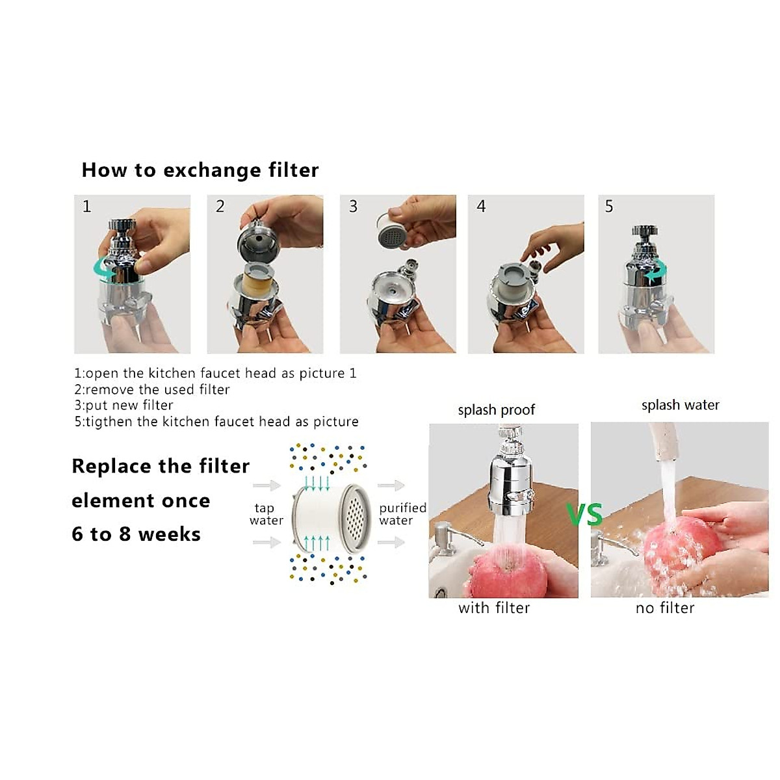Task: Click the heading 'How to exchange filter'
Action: [200, 170]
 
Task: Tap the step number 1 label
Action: [86, 207]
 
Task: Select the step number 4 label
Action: [481, 207]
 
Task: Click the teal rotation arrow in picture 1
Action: [104, 268]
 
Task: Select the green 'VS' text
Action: [584, 515]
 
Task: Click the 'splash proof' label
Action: [496, 410]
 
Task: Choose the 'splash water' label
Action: [680, 406]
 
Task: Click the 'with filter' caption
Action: [494, 608]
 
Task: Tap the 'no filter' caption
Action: [665, 608]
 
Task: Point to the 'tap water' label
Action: [266, 514]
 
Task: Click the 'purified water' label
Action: [402, 514]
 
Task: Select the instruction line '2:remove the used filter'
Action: [151, 390]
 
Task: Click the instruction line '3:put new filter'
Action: [123, 406]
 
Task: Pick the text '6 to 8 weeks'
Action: [136, 534]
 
